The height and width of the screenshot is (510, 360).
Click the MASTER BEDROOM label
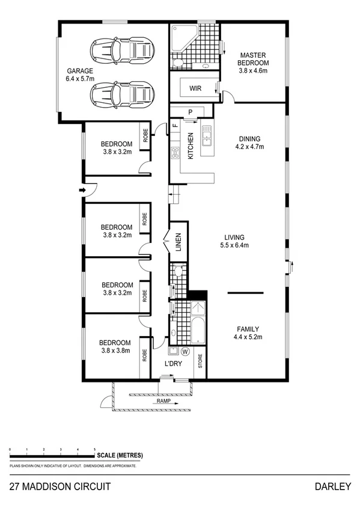(x=251, y=58)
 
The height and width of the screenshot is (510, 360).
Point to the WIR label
(x=195, y=88)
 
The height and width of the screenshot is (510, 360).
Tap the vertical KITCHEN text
(x=191, y=146)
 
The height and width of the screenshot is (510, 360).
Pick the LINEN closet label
(x=178, y=241)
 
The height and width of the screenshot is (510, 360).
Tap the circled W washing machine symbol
(x=185, y=351)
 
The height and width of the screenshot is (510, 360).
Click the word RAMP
(x=163, y=401)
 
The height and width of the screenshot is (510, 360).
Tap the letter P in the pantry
(x=190, y=111)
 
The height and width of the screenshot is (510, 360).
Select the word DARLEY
(x=331, y=485)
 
